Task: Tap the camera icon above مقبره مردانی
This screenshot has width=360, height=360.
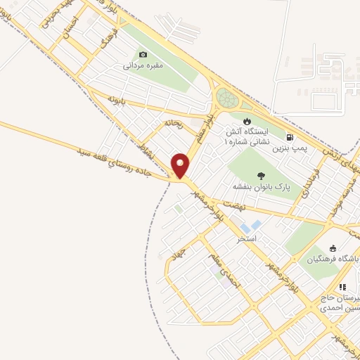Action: click(143, 55)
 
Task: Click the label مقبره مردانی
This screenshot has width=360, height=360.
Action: click(144, 67)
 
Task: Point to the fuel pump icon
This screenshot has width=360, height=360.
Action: click(290, 138)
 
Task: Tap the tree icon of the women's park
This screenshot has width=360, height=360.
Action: click(261, 176)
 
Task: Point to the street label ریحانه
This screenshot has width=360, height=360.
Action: click(173, 123)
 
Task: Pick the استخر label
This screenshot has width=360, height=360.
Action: click(247, 239)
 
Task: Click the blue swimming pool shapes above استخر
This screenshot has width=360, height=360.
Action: click(250, 227)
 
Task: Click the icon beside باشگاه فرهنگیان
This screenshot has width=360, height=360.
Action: click(333, 248)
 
